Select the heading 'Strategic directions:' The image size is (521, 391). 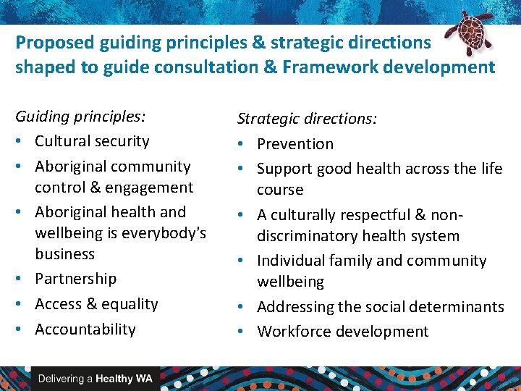pos(307,119)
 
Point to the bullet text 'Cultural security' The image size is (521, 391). pos(92,141)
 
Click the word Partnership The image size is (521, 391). pos(75,279)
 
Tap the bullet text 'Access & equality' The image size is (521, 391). pos(96,304)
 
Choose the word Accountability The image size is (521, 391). pos(85,329)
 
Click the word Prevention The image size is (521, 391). pos(295,144)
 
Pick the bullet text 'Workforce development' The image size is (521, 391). pos(343,332)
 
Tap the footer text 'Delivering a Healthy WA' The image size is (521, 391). pos(95,379)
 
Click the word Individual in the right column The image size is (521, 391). pos(291,261)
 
